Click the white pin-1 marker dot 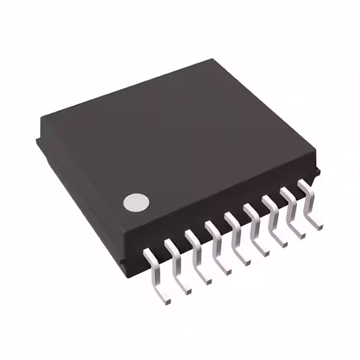tap(137, 203)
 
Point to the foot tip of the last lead tap(319, 227)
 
